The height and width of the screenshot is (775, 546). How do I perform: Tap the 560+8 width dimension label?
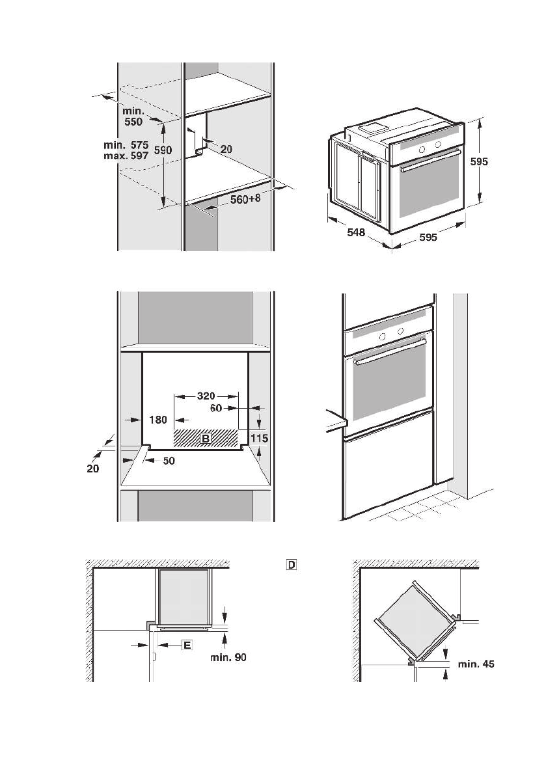tap(245, 200)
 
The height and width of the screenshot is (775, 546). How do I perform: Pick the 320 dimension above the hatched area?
tap(198, 395)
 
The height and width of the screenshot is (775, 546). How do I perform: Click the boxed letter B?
tap(206, 439)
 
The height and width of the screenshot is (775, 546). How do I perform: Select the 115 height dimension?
tap(259, 439)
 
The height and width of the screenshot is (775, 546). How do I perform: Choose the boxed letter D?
tap(291, 565)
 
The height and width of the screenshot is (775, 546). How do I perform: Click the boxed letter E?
tap(187, 645)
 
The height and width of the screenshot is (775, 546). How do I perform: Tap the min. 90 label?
tap(228, 657)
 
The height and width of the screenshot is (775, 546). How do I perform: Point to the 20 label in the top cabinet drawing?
tap(226, 149)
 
